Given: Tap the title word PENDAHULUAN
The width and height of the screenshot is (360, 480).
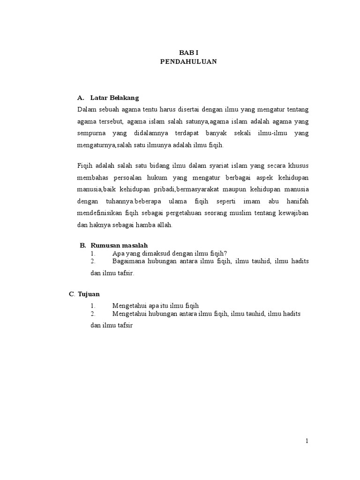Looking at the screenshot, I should pos(188,61).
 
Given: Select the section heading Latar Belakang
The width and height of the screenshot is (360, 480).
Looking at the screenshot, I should pos(115,98).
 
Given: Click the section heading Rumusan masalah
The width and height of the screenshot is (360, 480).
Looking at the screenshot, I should pos(119,245).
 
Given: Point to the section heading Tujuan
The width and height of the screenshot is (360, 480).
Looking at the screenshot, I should pos(89,294).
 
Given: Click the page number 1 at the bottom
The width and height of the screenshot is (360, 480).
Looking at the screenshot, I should pos(307,441).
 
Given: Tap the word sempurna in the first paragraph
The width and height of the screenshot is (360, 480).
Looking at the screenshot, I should pos(91,133).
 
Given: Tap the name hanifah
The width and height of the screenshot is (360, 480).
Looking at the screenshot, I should pos(297,201).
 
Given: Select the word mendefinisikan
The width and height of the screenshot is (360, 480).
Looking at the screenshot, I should pos(100,213).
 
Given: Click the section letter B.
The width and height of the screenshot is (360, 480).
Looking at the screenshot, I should pos(82,245).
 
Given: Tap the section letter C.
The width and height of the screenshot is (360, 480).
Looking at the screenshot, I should pos(72,294).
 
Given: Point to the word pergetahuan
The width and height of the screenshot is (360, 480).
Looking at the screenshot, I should pos(176,213).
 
